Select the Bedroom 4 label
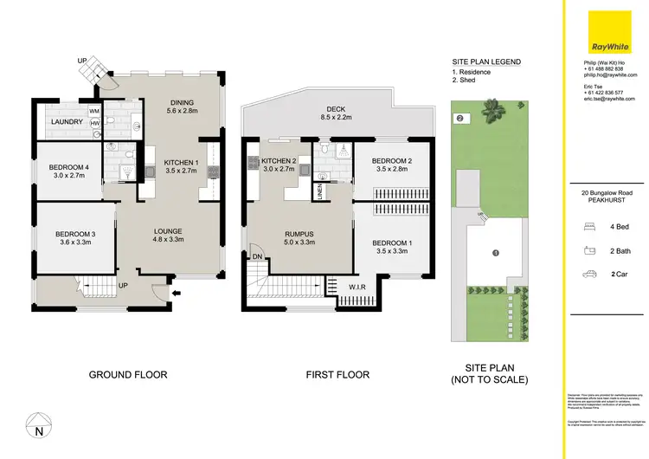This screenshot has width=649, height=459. pyautogui.click(x=69, y=171)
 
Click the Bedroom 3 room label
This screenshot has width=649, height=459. pyautogui.click(x=74, y=237)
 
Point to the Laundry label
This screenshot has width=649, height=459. pyautogui.click(x=67, y=122)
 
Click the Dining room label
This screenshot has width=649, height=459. pyautogui.click(x=183, y=107)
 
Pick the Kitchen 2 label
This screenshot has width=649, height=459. pyautogui.click(x=279, y=165)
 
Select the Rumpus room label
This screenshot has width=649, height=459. pyautogui.click(x=299, y=237)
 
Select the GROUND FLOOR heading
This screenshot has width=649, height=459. pyautogui.click(x=128, y=375)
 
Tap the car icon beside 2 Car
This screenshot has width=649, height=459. pyautogui.click(x=590, y=275)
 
